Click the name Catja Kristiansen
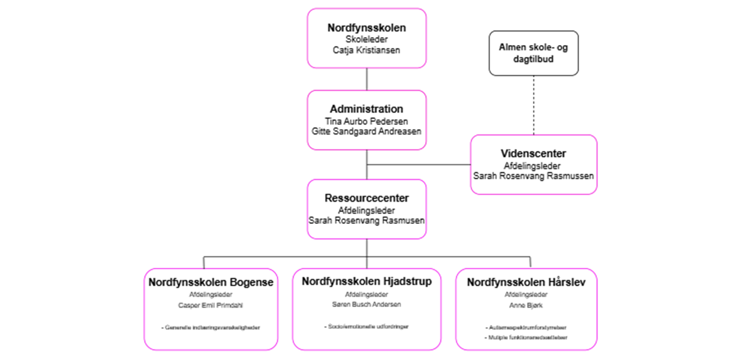click(367, 50)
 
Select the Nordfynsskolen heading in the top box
click(367, 28)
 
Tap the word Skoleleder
click(367, 39)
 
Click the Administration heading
click(367, 109)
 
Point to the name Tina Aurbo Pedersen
click(367, 121)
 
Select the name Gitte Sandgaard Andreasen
click(367, 131)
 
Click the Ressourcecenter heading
click(367, 198)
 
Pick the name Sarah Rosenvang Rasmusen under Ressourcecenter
click(367, 220)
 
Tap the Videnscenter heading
click(533, 154)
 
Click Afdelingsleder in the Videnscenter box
click(533, 166)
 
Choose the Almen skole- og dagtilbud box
click(533, 53)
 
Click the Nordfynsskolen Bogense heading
click(211, 282)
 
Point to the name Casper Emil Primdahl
click(211, 305)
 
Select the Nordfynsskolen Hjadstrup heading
click(367, 281)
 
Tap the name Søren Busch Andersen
click(367, 304)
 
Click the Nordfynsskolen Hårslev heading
click(526, 282)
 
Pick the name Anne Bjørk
click(526, 305)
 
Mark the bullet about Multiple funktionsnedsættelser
click(526, 337)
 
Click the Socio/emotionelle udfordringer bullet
click(367, 326)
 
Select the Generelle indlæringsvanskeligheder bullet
click(211, 327)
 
